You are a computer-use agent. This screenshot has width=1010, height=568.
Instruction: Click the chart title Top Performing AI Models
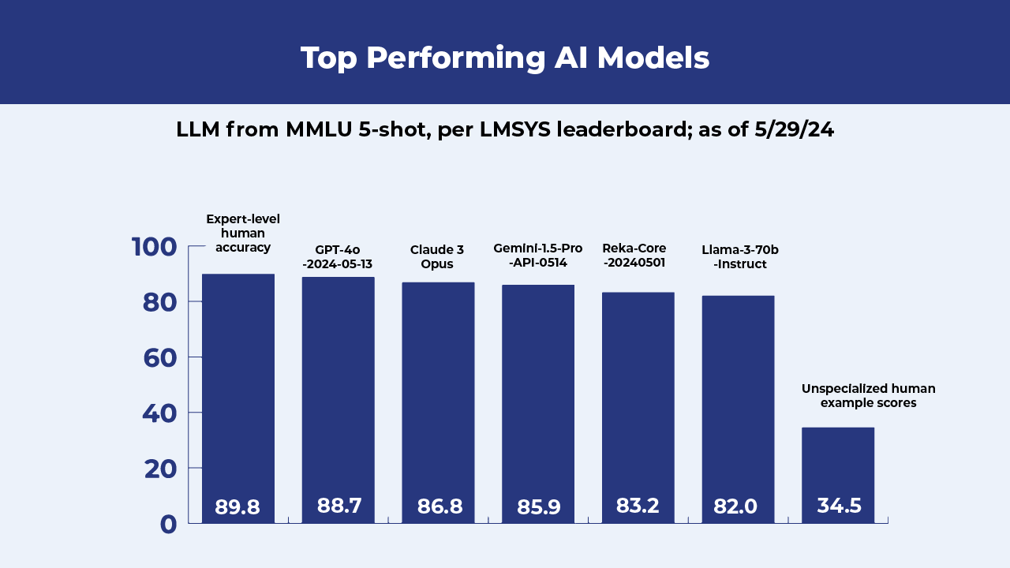505,58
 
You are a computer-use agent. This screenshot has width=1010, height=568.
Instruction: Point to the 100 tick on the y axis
155,247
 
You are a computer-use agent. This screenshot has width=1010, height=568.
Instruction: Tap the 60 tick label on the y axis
159,358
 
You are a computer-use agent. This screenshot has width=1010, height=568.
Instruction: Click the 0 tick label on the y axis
168,525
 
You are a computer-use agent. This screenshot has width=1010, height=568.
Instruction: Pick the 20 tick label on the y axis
159,469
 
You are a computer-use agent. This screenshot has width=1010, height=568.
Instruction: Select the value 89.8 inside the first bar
238,507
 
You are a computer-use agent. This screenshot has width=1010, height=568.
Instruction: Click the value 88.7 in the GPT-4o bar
339,506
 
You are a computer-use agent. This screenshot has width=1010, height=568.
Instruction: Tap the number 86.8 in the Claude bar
440,506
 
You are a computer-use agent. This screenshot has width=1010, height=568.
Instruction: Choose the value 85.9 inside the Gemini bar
539,507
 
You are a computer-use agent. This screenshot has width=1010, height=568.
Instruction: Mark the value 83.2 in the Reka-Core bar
638,506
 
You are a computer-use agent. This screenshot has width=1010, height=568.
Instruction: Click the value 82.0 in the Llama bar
735,506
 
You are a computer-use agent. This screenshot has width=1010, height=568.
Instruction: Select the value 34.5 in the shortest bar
839,506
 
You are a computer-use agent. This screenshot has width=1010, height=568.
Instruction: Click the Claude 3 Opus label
437,256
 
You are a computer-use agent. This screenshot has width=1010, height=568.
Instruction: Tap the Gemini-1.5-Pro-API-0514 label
538,255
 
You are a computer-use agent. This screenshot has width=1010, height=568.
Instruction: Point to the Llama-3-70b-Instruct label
740,256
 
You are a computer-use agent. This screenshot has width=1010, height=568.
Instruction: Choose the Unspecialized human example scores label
868,395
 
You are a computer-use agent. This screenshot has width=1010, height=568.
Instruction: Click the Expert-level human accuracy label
243,233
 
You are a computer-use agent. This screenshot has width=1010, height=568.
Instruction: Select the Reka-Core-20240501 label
634,255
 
